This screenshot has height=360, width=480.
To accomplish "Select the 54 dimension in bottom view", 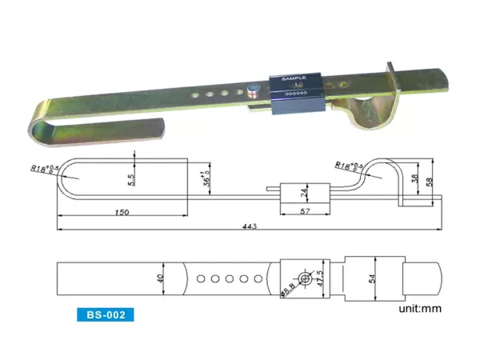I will [374, 278].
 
